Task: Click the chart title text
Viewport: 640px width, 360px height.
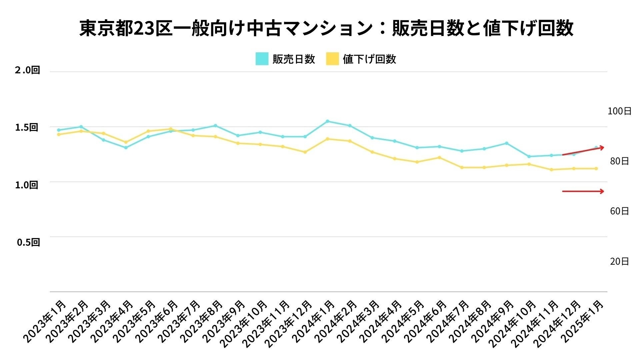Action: coord(326,28)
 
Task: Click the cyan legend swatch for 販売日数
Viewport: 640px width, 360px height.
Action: coord(262,59)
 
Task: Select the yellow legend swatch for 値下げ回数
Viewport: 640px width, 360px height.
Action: coord(332,59)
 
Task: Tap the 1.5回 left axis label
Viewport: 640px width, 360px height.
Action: coord(27,127)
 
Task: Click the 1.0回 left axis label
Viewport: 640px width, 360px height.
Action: coord(27,185)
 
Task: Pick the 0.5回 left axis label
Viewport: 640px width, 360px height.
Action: coord(28,242)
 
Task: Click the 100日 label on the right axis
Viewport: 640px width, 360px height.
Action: coord(619,111)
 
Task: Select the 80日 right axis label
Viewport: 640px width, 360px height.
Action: coord(619,161)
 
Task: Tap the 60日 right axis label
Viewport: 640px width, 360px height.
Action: coord(619,211)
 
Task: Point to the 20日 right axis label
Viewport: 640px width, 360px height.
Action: coord(619,262)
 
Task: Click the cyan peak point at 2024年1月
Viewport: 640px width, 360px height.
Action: coord(327,121)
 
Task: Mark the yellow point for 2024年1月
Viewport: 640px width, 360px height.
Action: coord(327,139)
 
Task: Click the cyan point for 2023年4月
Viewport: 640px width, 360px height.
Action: coord(126,148)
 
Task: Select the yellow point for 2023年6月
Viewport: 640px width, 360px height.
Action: coord(171,129)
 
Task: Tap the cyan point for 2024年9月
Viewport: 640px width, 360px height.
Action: coord(506,143)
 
